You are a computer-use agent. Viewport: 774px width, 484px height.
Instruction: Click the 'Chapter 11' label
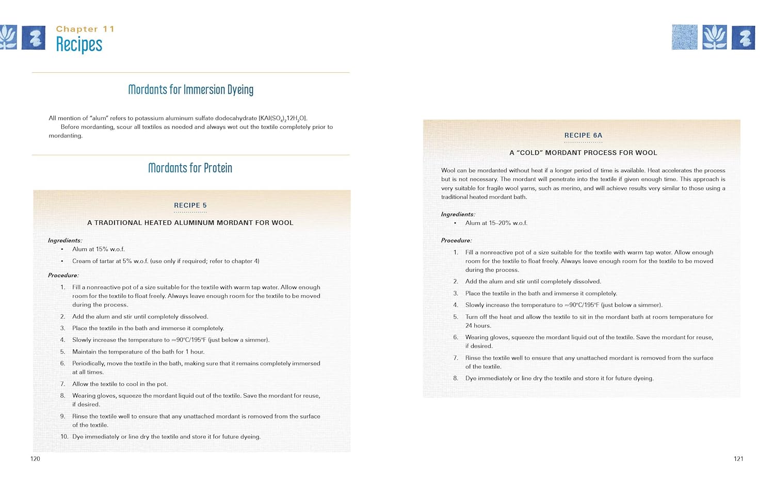tap(85, 29)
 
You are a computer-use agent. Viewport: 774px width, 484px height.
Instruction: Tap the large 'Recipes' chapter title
tap(79, 44)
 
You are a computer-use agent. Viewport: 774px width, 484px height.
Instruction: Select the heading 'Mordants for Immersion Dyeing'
tap(190, 90)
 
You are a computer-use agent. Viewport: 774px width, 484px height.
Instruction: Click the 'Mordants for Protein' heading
tap(190, 168)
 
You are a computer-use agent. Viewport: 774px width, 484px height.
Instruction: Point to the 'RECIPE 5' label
tap(190, 205)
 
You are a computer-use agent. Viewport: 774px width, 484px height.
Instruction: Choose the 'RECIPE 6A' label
tap(583, 135)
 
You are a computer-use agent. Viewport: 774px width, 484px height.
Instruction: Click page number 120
tap(35, 459)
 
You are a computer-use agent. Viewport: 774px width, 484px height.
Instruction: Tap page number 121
tap(738, 459)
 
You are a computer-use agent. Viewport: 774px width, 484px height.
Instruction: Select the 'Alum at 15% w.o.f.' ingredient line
tap(99, 249)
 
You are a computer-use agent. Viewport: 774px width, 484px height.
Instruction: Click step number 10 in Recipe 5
tap(64, 437)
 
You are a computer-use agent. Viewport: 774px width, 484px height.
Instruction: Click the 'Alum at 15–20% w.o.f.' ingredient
tap(496, 223)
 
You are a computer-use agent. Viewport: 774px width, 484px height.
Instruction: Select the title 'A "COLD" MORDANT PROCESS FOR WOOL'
tap(583, 153)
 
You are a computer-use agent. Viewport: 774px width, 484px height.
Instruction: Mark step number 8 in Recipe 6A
tap(456, 378)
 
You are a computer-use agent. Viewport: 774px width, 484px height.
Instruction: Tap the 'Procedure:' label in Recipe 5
tap(63, 276)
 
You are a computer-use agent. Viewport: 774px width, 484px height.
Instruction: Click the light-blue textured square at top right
tap(684, 37)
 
